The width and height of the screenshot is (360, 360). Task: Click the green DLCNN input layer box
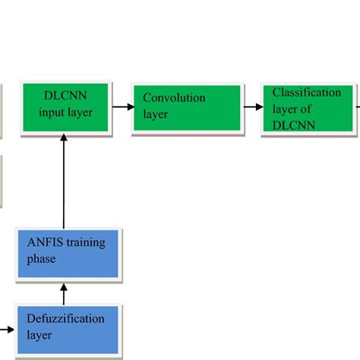pyautogui.click(x=64, y=109)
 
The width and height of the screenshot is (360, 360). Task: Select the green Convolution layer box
pyautogui.click(x=187, y=108)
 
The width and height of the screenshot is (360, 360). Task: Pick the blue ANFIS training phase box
pyautogui.click(x=65, y=251)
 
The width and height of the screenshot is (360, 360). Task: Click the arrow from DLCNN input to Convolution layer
pyautogui.click(x=120, y=108)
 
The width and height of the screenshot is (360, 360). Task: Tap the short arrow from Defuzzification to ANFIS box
pyautogui.click(x=64, y=290)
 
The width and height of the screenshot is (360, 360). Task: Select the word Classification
pyautogui.click(x=307, y=93)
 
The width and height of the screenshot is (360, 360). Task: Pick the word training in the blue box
pyautogui.click(x=85, y=244)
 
